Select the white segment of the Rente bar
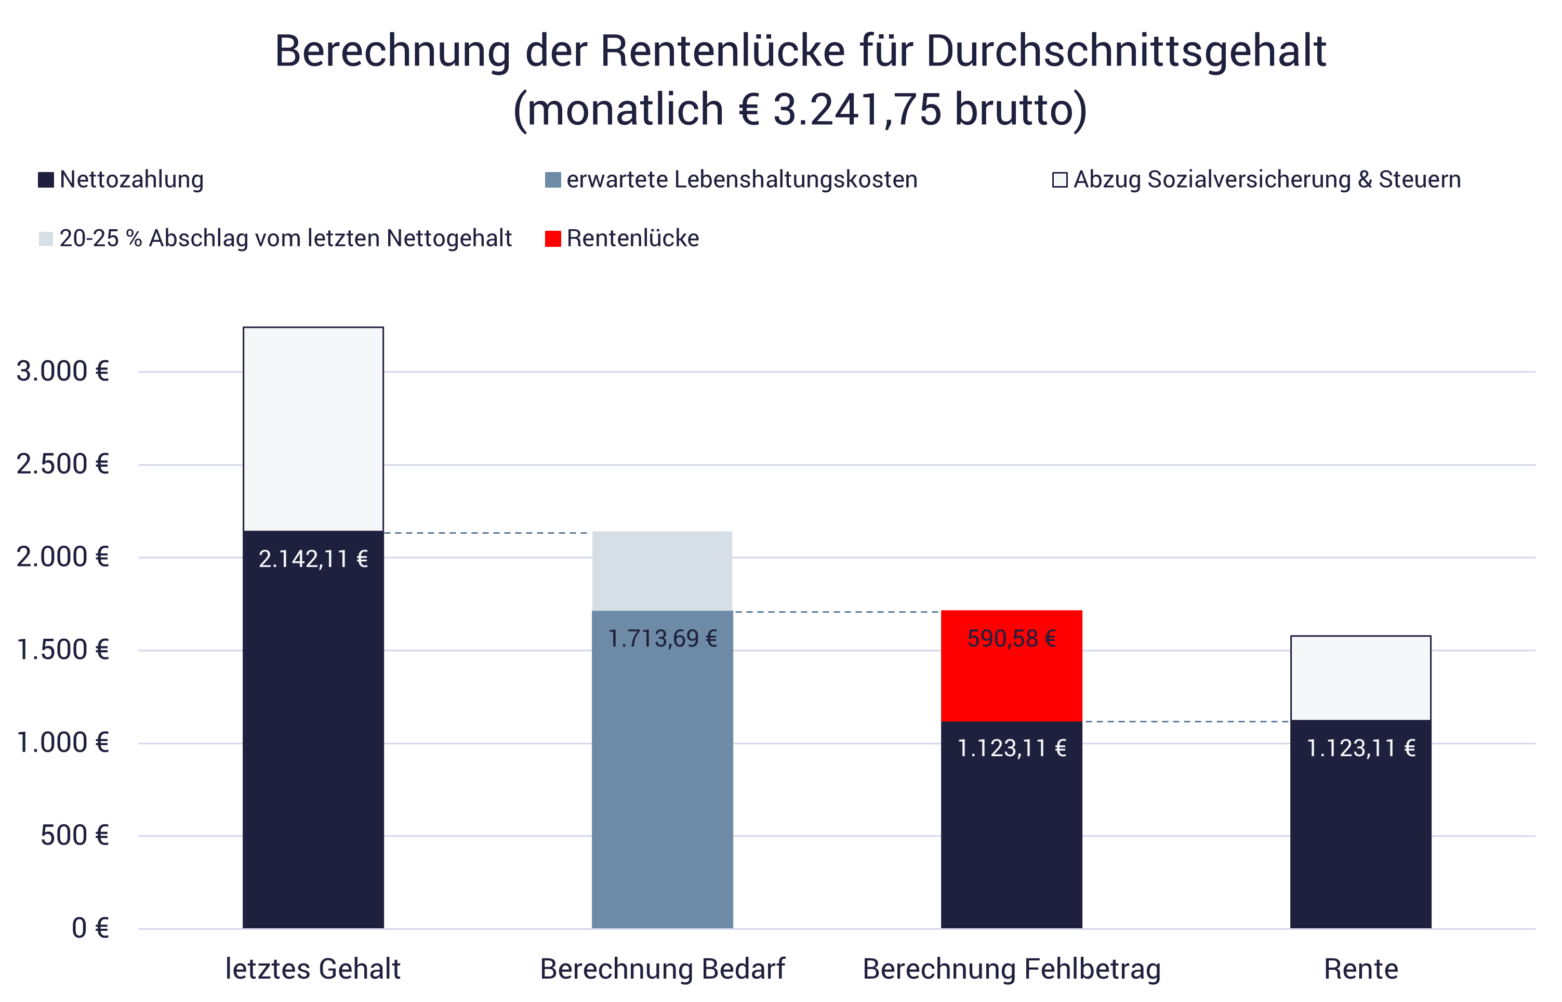(x=1360, y=678)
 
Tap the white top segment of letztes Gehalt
(x=313, y=429)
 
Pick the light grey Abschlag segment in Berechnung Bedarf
(x=663, y=571)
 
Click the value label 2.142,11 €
(x=313, y=559)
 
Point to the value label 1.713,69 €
(x=663, y=638)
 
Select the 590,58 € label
(x=1012, y=638)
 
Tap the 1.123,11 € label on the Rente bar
(x=1360, y=748)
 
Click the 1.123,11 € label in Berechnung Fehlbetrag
(x=1012, y=748)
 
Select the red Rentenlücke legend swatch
(x=553, y=239)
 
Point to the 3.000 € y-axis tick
(x=62, y=372)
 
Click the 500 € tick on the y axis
(x=74, y=836)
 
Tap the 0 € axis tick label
(x=90, y=929)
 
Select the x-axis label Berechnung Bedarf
(x=663, y=969)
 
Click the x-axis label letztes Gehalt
(x=313, y=969)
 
